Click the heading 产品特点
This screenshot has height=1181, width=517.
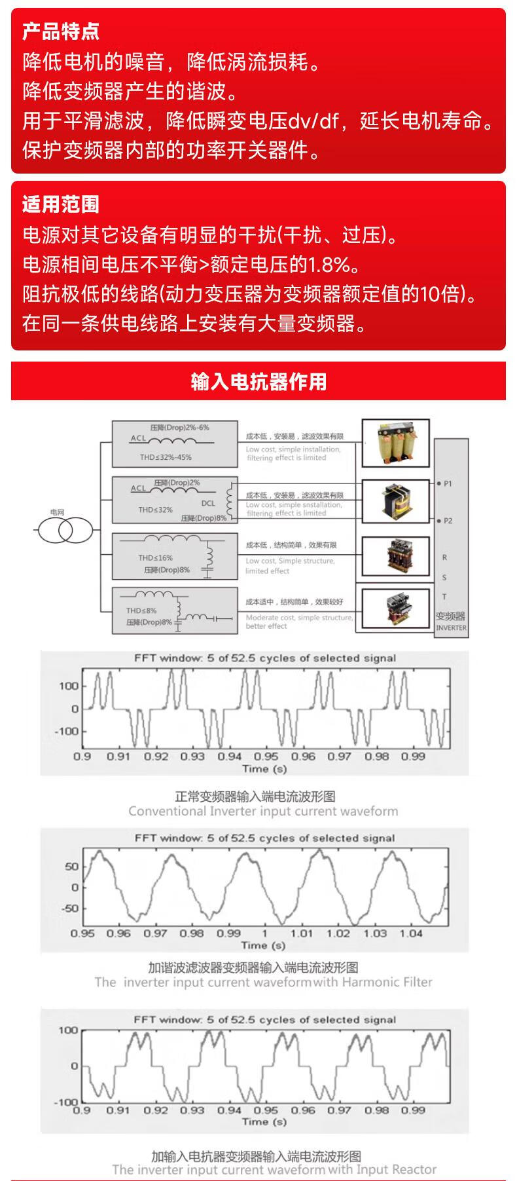[x=61, y=31]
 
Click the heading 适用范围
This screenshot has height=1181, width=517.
[x=61, y=204]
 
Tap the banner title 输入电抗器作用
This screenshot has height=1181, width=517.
[x=258, y=381]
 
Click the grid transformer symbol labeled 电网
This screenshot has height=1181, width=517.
[x=65, y=529]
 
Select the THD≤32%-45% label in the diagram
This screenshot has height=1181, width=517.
[x=166, y=457]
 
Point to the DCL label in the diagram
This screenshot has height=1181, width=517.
[x=207, y=503]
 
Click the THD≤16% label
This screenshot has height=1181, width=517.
[x=155, y=557]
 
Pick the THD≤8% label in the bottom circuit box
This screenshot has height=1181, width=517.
[x=141, y=610]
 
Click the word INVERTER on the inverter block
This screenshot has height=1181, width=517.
[x=452, y=628]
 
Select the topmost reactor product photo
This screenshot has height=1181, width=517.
[x=396, y=443]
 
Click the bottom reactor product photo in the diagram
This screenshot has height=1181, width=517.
[x=396, y=609]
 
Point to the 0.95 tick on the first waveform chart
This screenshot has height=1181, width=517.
[x=266, y=757]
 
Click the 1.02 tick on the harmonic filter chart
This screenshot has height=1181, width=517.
[x=338, y=933]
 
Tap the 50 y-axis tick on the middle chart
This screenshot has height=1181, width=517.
[x=71, y=867]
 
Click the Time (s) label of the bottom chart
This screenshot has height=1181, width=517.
[x=264, y=1121]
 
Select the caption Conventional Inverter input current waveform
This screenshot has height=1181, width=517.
[x=263, y=812]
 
